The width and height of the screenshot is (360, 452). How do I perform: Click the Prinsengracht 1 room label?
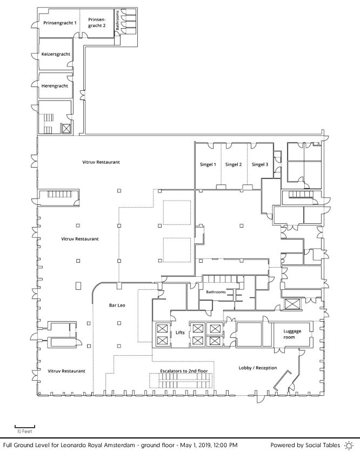[x=60, y=23]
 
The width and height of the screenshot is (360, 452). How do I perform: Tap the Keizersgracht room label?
[x=56, y=54]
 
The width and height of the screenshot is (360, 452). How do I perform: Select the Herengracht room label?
[x=55, y=86]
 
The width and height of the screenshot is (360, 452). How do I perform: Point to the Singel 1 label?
[x=208, y=164]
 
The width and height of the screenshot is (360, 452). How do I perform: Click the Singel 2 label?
[x=234, y=164]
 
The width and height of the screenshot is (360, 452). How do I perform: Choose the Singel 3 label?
[x=260, y=164]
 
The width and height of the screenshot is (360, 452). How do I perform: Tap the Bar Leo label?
[x=117, y=305]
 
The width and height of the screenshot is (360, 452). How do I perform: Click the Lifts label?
[x=180, y=333]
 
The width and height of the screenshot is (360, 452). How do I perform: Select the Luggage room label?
[x=292, y=334]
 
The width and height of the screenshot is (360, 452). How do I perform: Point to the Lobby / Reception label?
[x=258, y=368]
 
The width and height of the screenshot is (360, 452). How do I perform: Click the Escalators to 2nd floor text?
[x=184, y=371]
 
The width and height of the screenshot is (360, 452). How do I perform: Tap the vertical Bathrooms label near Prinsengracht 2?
[x=118, y=21]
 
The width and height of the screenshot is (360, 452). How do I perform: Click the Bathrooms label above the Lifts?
[x=216, y=292]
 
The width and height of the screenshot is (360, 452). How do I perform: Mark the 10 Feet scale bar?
[x=25, y=427]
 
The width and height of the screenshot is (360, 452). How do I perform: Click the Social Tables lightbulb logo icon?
[x=349, y=445]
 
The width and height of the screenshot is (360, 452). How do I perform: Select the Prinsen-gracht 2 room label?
[x=97, y=23]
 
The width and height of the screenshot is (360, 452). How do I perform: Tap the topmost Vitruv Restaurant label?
[x=101, y=162]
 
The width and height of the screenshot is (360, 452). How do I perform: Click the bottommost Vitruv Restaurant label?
[x=66, y=371]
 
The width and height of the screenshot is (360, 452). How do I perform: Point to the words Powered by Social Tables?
[x=305, y=445]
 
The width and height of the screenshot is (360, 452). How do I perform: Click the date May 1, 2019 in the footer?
[x=195, y=446]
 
